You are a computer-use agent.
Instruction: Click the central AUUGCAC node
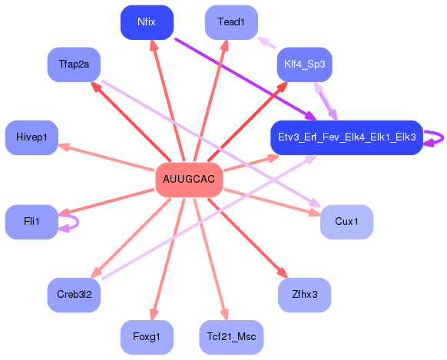tap(189, 180)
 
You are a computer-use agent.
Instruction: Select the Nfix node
tap(147, 21)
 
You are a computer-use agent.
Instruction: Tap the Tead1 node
tap(231, 22)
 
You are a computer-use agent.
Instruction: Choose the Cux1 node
tap(346, 221)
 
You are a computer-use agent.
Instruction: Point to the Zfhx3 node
tap(304, 294)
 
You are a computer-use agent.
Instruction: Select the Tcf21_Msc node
tap(231, 337)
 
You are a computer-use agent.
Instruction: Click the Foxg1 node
tap(147, 337)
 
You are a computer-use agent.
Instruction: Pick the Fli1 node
tap(31, 221)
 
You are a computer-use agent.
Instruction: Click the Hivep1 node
tap(31, 137)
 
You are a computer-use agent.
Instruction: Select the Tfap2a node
tap(74, 64)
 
